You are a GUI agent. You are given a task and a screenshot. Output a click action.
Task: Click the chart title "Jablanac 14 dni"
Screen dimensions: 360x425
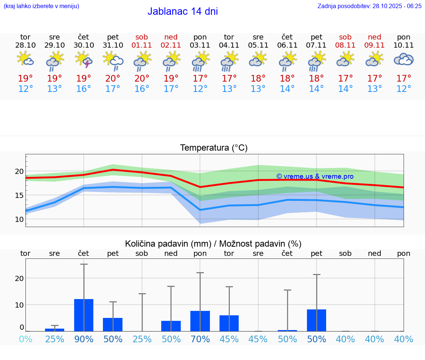(183, 11)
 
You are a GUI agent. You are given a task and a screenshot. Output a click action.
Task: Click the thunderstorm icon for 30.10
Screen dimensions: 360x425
(84, 59)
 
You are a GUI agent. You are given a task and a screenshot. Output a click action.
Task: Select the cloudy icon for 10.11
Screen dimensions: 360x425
(404, 59)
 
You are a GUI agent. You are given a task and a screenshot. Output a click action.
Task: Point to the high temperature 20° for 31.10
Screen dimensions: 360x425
(113, 78)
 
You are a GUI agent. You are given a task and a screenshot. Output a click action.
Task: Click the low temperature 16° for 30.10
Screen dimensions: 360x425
(84, 89)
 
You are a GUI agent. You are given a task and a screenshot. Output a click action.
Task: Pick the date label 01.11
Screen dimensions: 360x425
(142, 45)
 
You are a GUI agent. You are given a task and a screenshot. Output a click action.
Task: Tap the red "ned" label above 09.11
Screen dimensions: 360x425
(374, 37)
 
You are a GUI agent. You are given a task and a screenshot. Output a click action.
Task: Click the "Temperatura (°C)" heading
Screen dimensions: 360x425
(214, 148)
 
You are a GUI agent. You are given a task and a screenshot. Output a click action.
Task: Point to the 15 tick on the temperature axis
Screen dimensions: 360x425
(19, 195)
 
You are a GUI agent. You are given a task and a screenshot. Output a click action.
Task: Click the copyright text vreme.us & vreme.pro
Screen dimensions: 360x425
(315, 176)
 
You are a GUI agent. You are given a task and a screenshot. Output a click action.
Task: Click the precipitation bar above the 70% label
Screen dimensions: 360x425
(200, 321)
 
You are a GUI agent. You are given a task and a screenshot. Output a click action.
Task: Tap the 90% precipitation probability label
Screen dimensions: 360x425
(84, 339)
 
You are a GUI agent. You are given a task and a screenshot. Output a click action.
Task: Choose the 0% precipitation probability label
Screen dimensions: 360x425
(25, 339)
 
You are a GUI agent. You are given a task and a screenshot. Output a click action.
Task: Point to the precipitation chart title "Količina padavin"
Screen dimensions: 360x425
(168, 244)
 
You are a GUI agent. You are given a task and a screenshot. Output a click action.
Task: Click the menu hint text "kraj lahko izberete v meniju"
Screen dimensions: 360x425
(41, 6)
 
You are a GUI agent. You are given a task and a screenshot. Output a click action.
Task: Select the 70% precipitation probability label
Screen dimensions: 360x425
(200, 339)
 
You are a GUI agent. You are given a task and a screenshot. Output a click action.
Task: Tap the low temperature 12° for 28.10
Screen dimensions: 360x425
(25, 89)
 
